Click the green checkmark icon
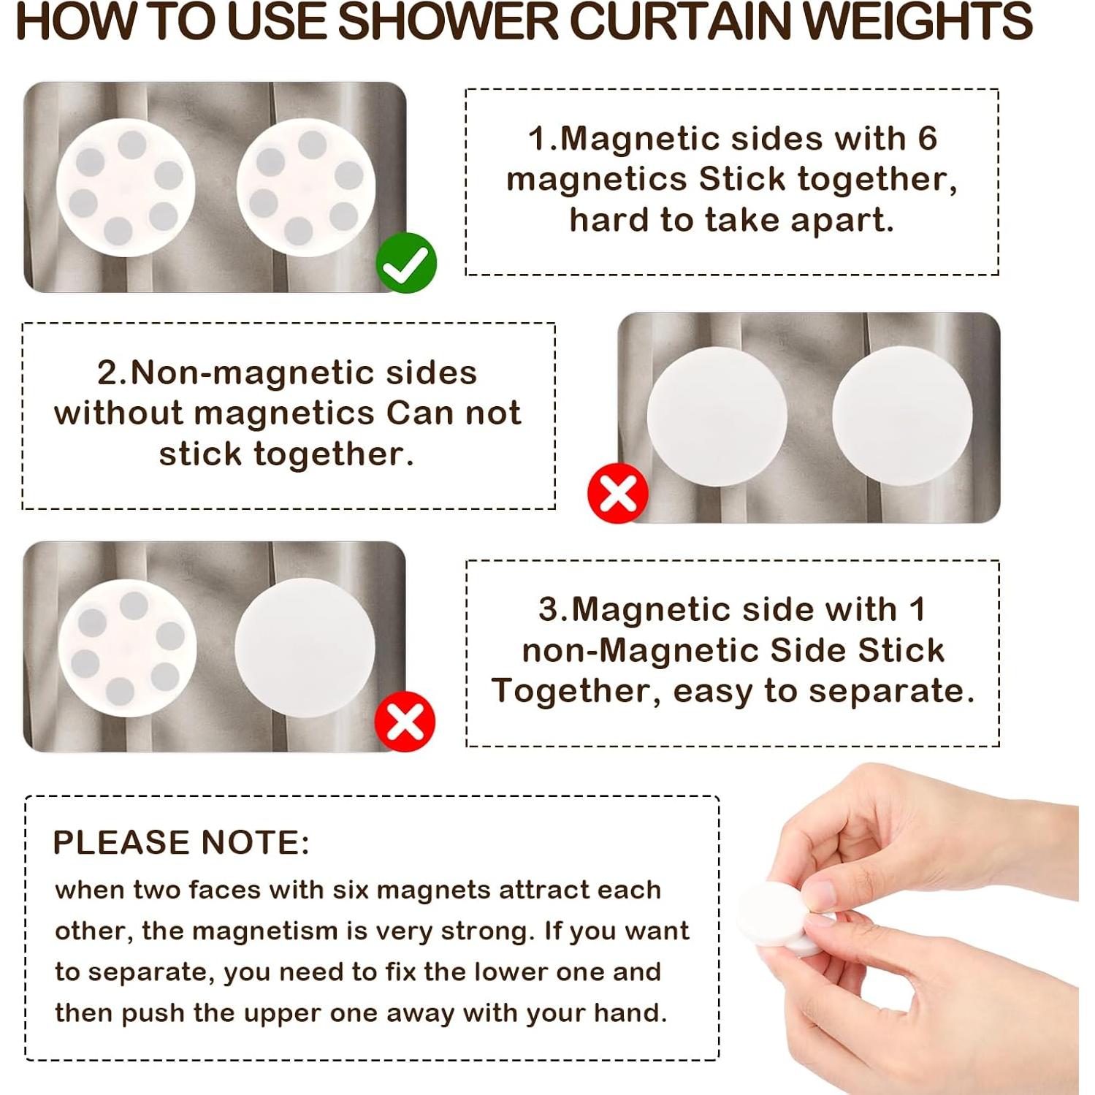406,263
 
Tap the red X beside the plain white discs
618,494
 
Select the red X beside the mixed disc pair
405,722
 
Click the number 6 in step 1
927,138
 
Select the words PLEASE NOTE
181,842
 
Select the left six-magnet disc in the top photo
126,188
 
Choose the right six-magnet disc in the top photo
306,188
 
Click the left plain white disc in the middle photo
717,416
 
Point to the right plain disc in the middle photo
902,416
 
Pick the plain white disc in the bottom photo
305,647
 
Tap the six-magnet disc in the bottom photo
127,647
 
